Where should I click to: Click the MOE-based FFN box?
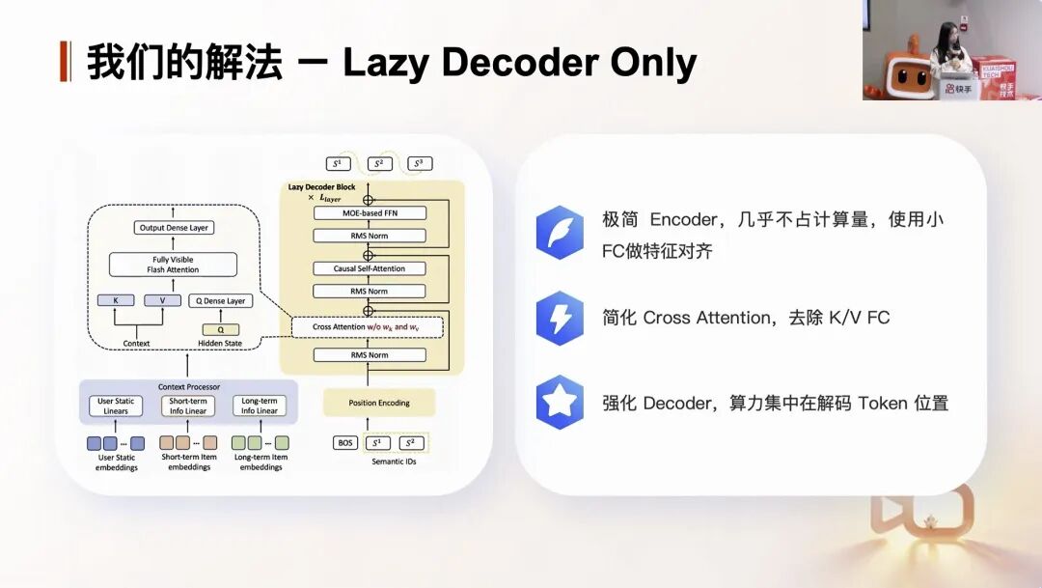[x=370, y=213]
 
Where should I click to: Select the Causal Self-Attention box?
[x=370, y=268]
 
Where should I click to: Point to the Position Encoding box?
[x=379, y=403]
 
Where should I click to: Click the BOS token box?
[x=345, y=443]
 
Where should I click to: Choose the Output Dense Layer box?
[x=173, y=228]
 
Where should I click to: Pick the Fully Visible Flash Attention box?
[x=173, y=265]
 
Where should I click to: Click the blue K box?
[x=117, y=300]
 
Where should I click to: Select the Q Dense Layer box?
[x=221, y=300]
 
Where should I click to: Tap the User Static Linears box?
[x=116, y=406]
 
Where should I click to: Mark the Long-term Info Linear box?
[x=259, y=406]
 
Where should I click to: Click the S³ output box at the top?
[x=419, y=163]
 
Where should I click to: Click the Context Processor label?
[x=188, y=387]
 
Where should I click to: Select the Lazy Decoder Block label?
[x=321, y=186]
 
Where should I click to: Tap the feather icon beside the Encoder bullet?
[x=560, y=233]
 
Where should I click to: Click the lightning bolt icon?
[x=560, y=318]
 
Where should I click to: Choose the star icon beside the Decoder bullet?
[x=560, y=403]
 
